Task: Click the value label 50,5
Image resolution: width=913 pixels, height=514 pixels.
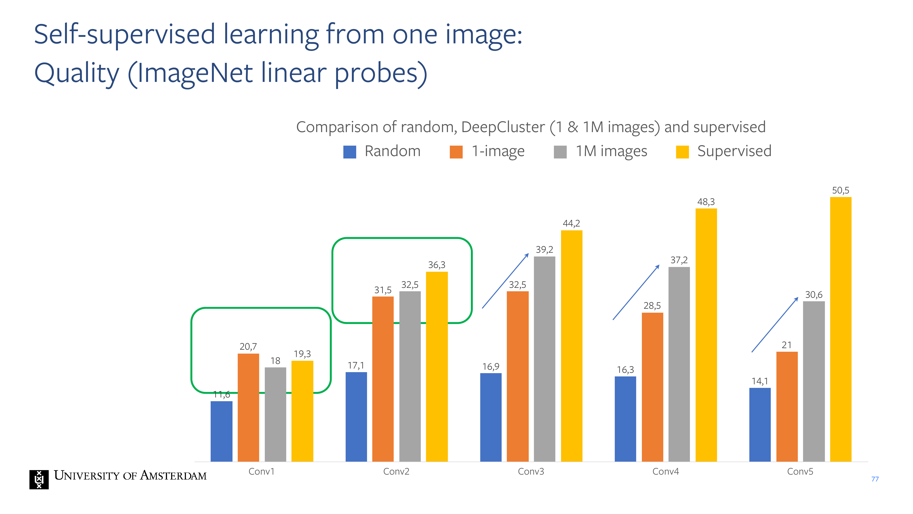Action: pyautogui.click(x=841, y=191)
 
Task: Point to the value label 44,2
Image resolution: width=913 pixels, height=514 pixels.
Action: pyautogui.click(x=571, y=223)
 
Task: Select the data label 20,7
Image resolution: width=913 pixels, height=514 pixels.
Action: pyautogui.click(x=248, y=347)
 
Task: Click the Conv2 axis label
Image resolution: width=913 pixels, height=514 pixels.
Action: pyautogui.click(x=396, y=472)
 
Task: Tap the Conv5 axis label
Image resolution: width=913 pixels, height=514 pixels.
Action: pyautogui.click(x=800, y=472)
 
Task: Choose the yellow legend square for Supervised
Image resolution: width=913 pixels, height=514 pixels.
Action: pyautogui.click(x=682, y=152)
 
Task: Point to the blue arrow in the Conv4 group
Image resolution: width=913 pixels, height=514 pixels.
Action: pyautogui.click(x=636, y=292)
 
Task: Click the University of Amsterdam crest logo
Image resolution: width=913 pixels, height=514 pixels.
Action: pyautogui.click(x=39, y=480)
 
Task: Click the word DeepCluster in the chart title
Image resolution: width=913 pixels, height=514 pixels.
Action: pyautogui.click(x=503, y=127)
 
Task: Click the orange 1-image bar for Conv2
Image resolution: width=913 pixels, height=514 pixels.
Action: pyautogui.click(x=383, y=379)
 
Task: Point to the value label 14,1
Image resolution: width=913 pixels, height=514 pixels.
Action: pyautogui.click(x=760, y=381)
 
